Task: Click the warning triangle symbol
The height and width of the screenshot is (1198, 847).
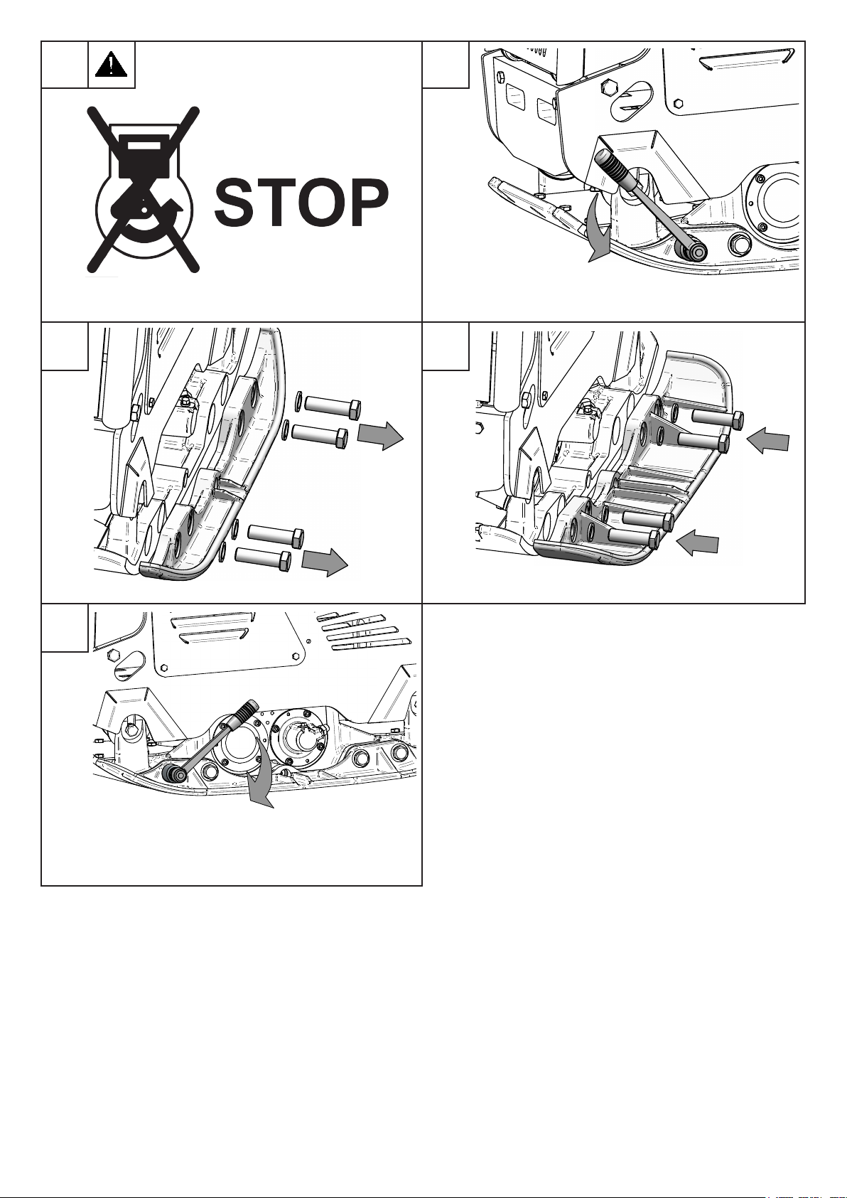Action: point(111,64)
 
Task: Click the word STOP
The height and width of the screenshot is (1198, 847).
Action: point(301,202)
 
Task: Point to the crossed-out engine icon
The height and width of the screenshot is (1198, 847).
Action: point(144,189)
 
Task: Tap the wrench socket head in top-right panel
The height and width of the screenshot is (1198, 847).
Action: point(691,250)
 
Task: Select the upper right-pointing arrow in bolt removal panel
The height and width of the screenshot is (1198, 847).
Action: point(380,435)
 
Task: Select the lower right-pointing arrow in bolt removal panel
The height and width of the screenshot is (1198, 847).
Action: point(324,561)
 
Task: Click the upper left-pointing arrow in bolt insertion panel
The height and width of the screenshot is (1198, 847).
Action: point(767,441)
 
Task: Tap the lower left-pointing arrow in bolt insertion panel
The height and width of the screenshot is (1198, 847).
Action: point(697,541)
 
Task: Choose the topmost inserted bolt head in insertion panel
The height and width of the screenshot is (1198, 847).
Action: point(738,421)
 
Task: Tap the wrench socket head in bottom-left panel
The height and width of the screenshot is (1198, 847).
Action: point(176,774)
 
